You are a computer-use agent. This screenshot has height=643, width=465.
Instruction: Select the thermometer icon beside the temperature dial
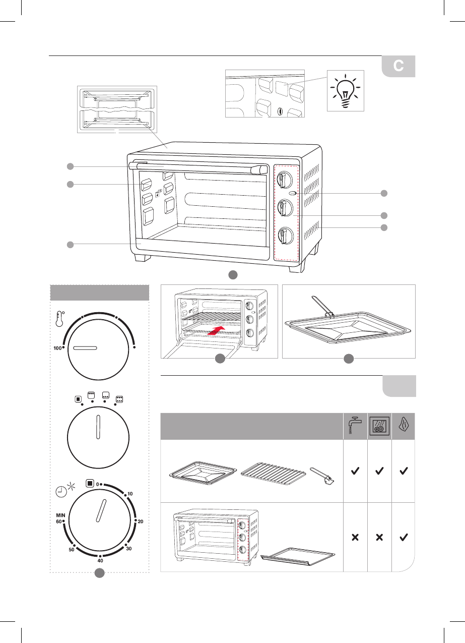pyautogui.click(x=59, y=320)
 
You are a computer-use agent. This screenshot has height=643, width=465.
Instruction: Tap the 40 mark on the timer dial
pyautogui.click(x=100, y=560)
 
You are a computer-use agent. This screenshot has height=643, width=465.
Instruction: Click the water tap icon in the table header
pyautogui.click(x=355, y=425)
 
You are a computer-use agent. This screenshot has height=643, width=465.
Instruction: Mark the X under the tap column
pyautogui.click(x=355, y=538)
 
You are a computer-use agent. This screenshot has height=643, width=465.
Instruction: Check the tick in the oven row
pyautogui.click(x=403, y=538)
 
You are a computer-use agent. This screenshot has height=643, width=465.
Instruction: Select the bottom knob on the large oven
pyautogui.click(x=286, y=235)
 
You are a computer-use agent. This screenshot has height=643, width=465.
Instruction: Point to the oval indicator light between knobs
pyautogui.click(x=293, y=194)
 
